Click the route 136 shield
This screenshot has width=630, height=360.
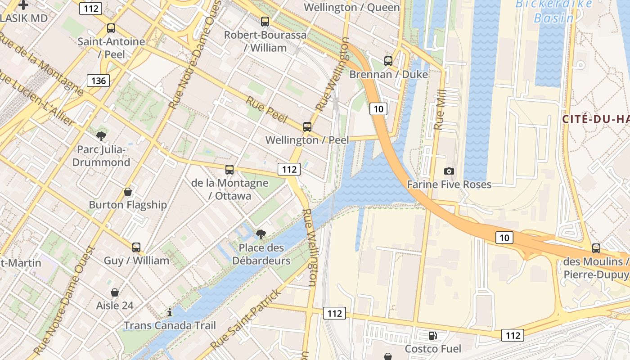[x=98, y=81]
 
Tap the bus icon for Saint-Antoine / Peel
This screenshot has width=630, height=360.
[x=111, y=28]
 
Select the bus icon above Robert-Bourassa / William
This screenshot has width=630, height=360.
[x=265, y=21]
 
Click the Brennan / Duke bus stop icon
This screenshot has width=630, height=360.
[x=388, y=61]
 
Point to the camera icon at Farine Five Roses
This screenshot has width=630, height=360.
[x=449, y=171]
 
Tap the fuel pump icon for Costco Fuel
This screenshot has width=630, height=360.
[x=432, y=335]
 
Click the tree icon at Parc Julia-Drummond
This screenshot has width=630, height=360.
[x=101, y=136]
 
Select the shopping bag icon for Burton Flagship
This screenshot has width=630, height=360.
[x=128, y=192]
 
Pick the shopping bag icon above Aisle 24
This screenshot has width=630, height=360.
[x=115, y=292]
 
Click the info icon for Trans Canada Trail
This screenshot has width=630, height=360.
[x=170, y=312]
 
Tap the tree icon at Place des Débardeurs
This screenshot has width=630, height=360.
[x=261, y=234]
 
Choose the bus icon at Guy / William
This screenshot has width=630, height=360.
[x=136, y=247]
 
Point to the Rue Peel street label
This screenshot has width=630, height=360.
[x=266, y=109]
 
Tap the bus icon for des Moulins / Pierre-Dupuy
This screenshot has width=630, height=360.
[x=596, y=248]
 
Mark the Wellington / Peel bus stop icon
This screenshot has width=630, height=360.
[x=307, y=126]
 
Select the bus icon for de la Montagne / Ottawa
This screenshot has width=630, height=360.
[x=229, y=170]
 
